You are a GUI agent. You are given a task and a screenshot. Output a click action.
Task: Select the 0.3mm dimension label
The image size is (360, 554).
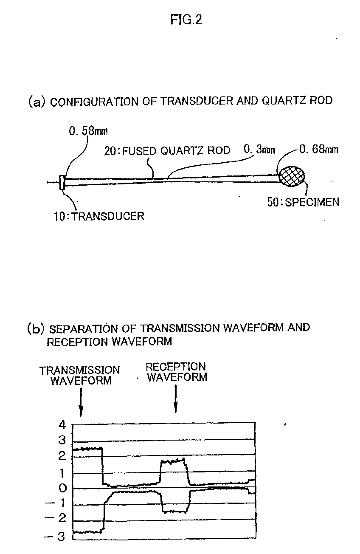point(259,150)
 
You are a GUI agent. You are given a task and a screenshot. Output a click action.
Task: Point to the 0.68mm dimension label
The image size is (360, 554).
point(319,150)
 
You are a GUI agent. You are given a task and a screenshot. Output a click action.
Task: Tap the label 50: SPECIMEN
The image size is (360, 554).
point(303,202)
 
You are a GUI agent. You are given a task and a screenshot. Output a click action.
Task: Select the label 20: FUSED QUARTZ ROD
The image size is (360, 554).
point(167,150)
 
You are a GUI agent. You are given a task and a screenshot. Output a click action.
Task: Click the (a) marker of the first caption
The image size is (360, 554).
point(36,102)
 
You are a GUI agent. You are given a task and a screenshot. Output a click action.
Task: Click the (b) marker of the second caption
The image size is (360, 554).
point(36,328)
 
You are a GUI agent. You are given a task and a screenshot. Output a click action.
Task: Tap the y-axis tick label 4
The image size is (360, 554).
point(62,424)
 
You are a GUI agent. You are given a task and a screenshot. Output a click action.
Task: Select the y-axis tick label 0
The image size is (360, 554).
point(62,488)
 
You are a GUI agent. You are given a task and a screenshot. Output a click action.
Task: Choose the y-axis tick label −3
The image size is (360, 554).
point(56,537)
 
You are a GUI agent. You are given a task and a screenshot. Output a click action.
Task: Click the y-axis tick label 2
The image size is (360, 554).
point(62,456)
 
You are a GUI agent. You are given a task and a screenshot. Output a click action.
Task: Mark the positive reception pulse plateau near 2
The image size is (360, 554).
point(174,461)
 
